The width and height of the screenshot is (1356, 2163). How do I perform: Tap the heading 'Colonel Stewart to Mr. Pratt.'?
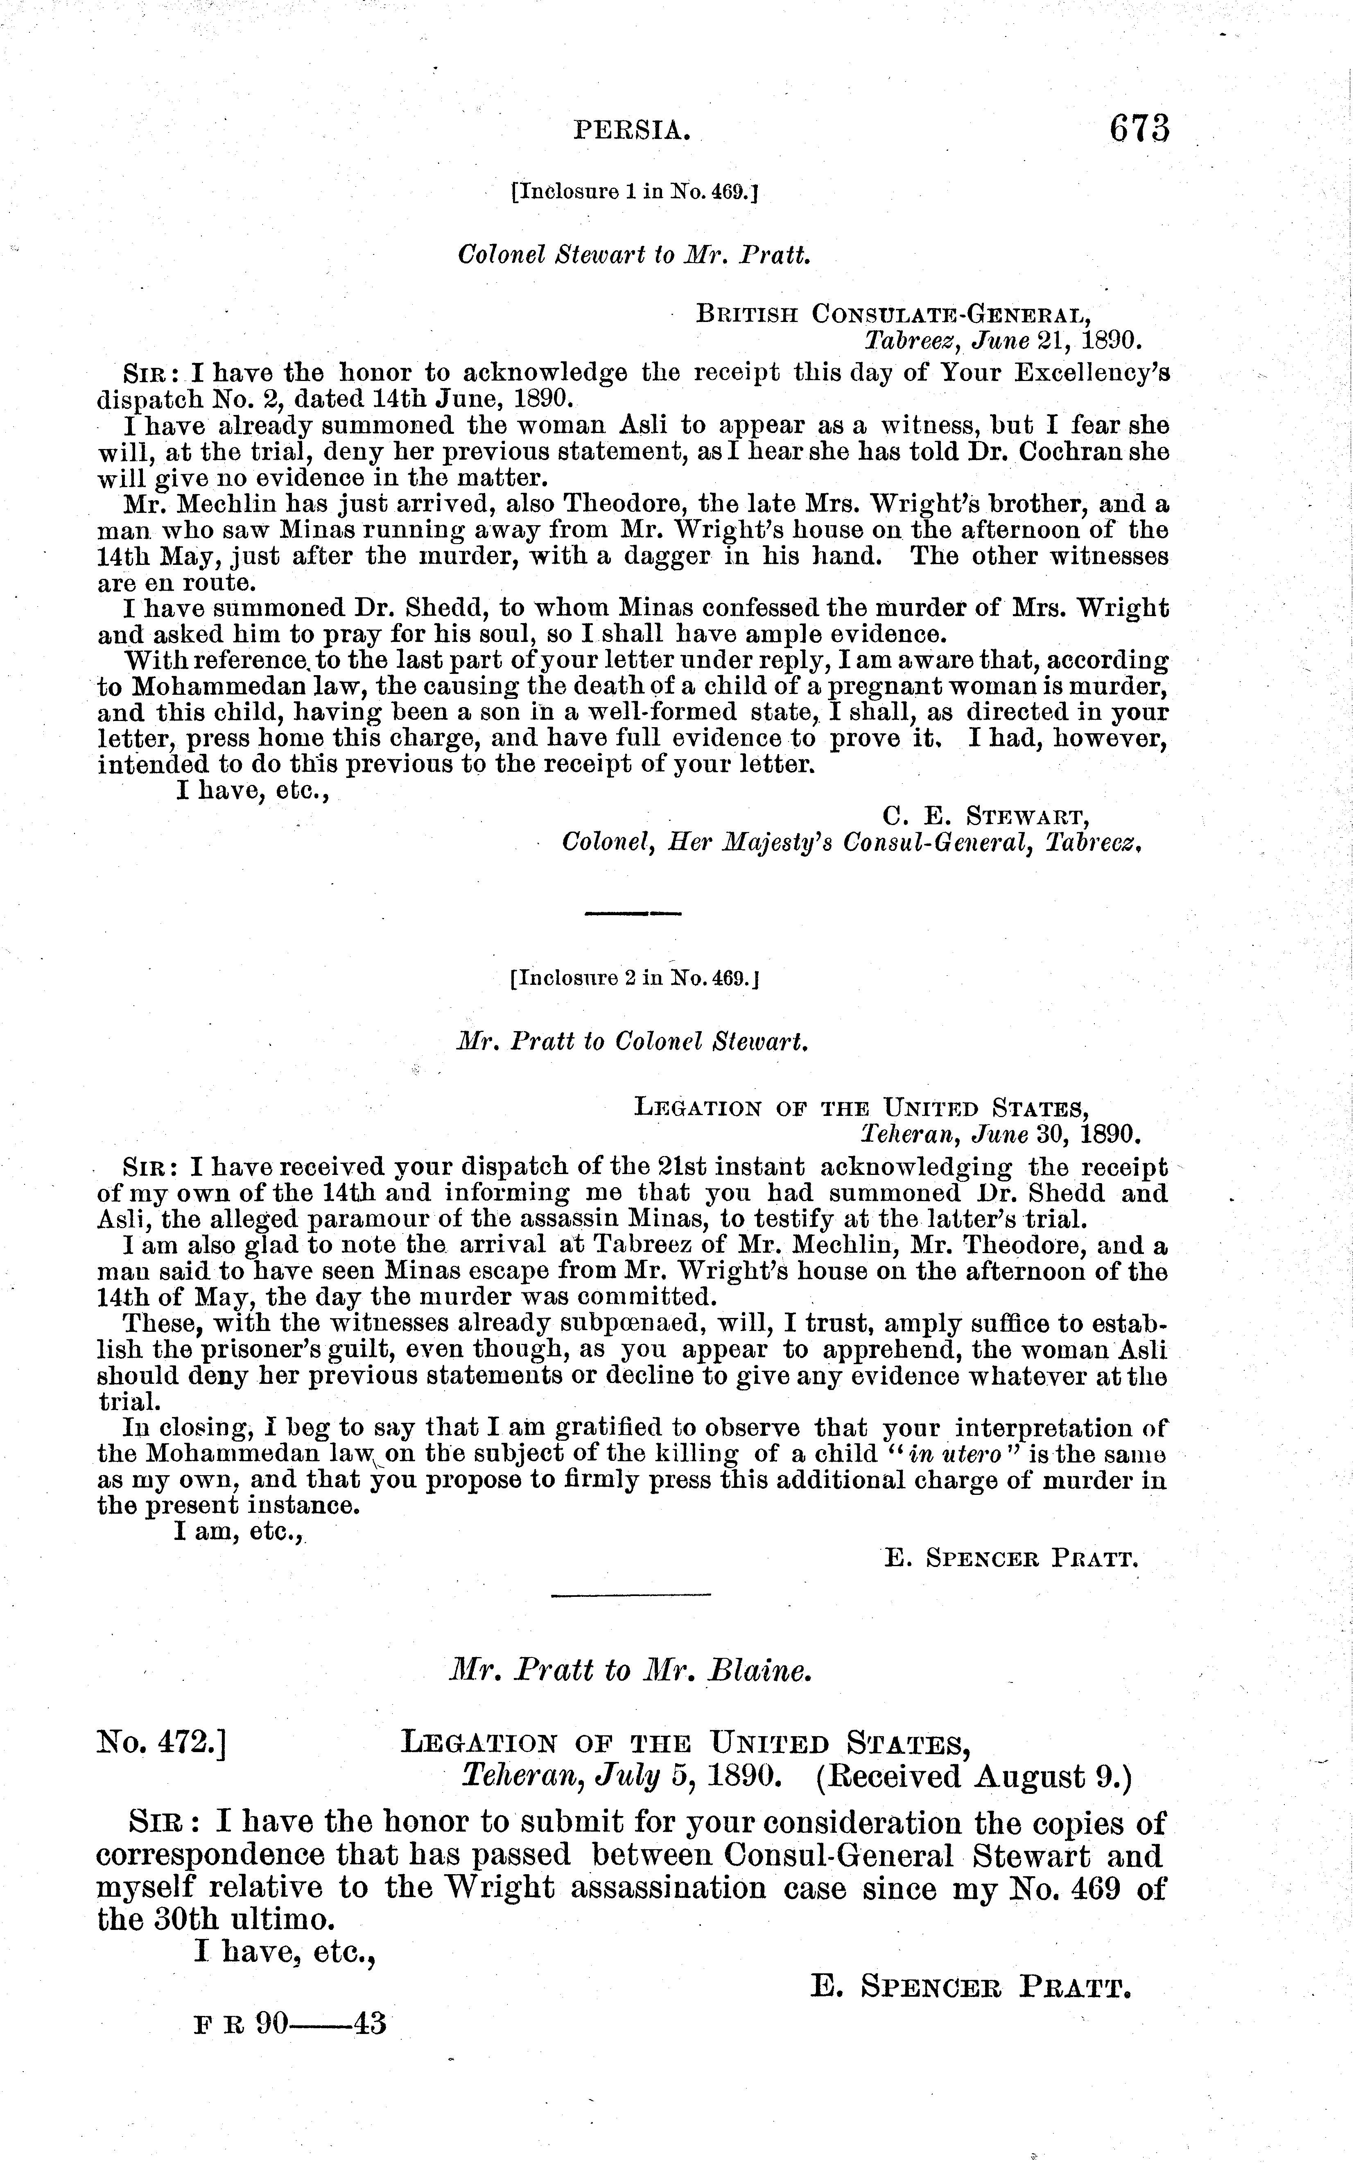(634, 255)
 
